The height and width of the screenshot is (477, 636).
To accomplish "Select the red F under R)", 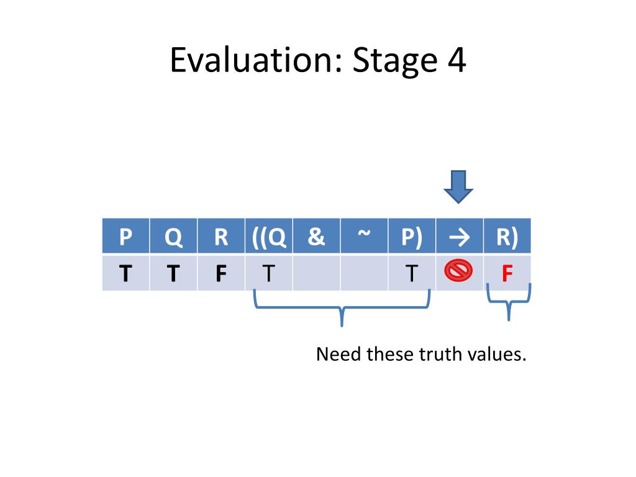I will tap(507, 273).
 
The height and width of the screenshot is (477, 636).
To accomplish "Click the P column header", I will tap(125, 237).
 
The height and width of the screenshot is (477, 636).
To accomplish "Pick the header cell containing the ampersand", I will tap(316, 237).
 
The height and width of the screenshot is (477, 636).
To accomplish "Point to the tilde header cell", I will tap(365, 237).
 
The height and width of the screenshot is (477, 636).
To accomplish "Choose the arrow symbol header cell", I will tap(460, 237).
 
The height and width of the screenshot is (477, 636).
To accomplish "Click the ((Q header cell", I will tap(269, 237).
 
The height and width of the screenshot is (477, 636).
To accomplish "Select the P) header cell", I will tap(411, 237).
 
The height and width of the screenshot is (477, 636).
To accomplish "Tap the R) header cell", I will tap(507, 237).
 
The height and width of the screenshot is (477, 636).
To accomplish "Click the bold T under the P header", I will tap(125, 273).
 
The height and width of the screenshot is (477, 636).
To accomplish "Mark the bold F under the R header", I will tap(220, 273).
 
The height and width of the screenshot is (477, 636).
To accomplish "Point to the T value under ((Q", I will tap(268, 273).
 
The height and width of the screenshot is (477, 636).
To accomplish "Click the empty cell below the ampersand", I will tap(316, 273).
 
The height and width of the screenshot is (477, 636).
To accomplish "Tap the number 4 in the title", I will tap(455, 61).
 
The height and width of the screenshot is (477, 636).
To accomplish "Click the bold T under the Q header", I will tap(173, 273).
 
